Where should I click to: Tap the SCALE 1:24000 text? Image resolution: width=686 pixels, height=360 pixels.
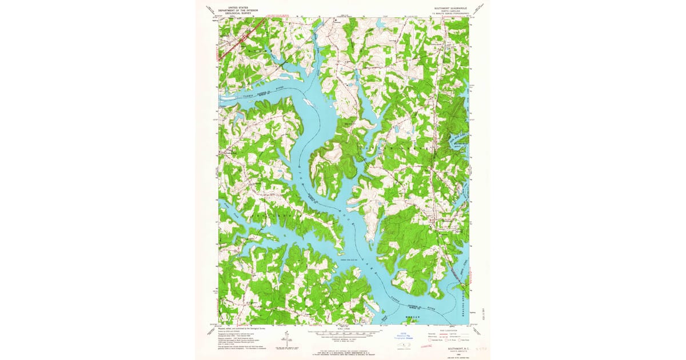[343, 327]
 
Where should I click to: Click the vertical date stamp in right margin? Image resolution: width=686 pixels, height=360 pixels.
[484, 311]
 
